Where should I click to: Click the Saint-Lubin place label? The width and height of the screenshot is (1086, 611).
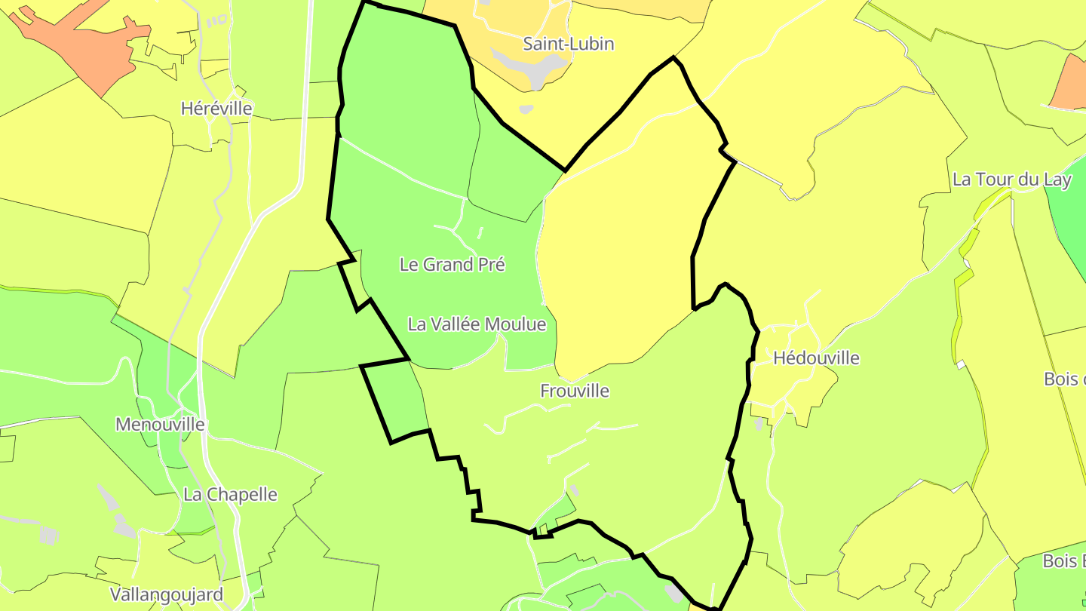(x=569, y=44)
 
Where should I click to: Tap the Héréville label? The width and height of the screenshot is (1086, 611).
(x=216, y=109)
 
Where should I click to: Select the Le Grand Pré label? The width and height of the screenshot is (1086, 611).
(x=452, y=265)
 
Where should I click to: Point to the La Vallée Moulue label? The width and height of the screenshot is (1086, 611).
(x=477, y=324)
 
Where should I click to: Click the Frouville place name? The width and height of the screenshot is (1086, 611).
(x=575, y=391)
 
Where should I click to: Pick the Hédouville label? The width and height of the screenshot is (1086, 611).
(x=817, y=358)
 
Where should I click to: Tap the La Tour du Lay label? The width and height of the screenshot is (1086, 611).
(x=1012, y=180)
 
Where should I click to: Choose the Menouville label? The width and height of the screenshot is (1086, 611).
(x=160, y=425)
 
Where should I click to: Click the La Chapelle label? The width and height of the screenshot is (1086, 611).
(x=231, y=495)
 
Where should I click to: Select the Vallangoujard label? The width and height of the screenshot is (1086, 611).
(x=167, y=594)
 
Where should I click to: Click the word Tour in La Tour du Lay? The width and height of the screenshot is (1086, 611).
(x=995, y=180)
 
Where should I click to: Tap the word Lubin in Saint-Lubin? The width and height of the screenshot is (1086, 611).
(x=592, y=44)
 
